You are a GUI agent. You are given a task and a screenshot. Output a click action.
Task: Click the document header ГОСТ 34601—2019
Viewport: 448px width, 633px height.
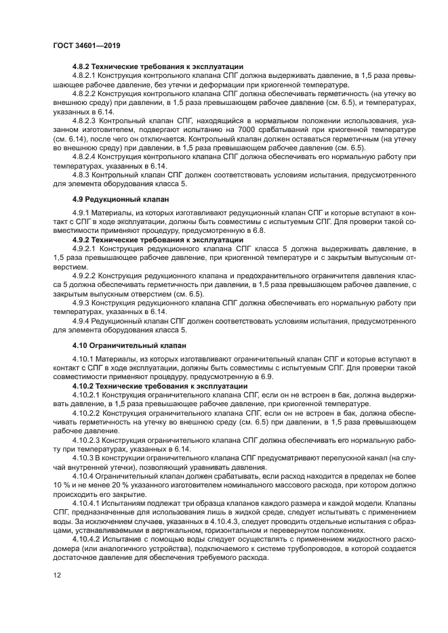[82, 45]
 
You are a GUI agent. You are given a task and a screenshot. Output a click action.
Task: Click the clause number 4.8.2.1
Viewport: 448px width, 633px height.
[86, 76]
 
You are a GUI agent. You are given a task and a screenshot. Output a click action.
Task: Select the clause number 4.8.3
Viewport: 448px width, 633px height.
[82, 173]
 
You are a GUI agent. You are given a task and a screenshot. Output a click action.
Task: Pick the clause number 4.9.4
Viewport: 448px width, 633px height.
[82, 320]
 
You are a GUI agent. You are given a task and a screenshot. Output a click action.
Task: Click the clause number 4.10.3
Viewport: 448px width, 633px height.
[84, 457]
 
